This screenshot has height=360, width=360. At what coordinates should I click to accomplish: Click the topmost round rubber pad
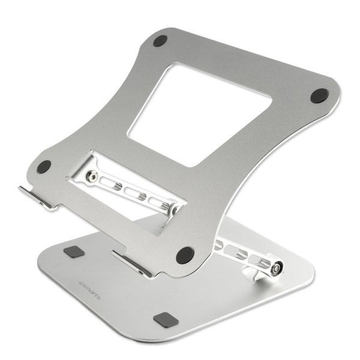pyautogui.click(x=160, y=41)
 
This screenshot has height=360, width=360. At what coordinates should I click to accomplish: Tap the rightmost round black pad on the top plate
pyautogui.click(x=319, y=95)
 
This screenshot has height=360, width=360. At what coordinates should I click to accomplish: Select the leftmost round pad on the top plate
pyautogui.click(x=44, y=167)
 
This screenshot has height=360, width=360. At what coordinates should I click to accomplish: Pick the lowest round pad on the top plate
pyautogui.click(x=185, y=254)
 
